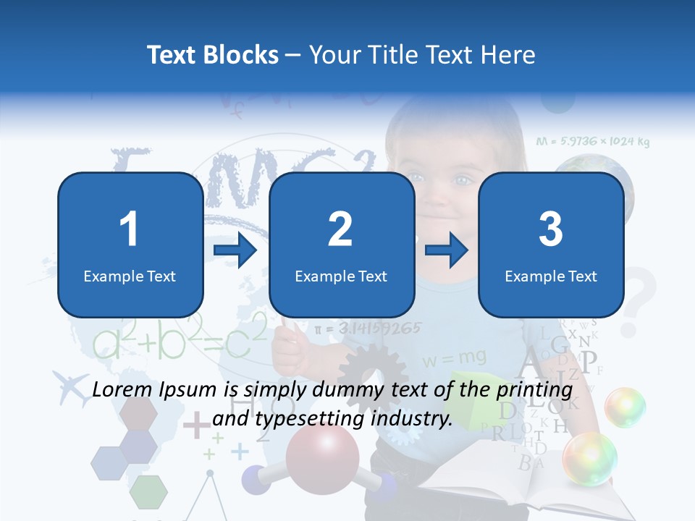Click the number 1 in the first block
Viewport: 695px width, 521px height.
coord(130,229)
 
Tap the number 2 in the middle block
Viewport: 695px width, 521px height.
coord(340,229)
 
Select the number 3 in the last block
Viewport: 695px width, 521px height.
coord(551,229)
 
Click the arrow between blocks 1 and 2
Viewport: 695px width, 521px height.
coord(235,250)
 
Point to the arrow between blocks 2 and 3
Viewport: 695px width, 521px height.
coord(447,250)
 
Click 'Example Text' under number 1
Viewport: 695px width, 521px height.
coord(130,276)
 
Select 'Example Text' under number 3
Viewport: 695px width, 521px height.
coord(551,276)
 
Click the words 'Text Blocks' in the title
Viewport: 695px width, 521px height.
coord(213,55)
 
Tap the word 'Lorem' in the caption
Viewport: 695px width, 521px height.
coord(121,390)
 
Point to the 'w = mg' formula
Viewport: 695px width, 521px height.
coord(454,357)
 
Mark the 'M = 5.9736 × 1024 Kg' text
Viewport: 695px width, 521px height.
coord(592,142)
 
